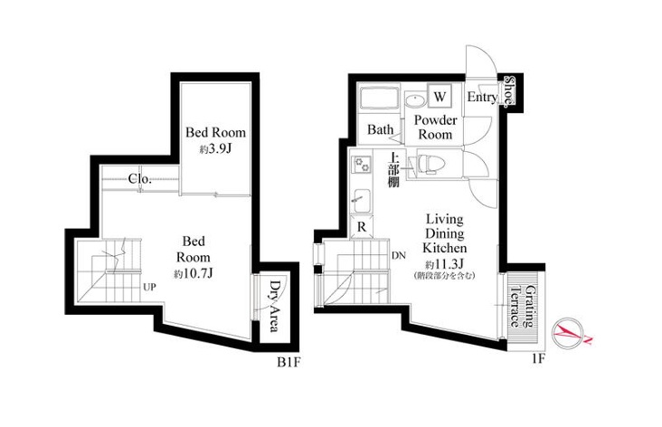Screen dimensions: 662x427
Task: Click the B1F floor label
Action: click(x=288, y=363)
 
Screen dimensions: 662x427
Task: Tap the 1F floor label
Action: click(x=538, y=359)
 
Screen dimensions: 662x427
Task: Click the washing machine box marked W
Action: click(x=440, y=96)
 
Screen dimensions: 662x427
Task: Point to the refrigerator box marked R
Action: click(x=362, y=227)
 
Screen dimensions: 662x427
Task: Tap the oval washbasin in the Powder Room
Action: click(x=415, y=100)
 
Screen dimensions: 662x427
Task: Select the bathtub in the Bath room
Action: click(x=380, y=100)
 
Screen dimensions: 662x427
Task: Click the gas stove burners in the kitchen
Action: click(x=363, y=164)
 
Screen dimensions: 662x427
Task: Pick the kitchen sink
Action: click(x=362, y=202)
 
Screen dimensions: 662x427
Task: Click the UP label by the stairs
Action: click(x=149, y=287)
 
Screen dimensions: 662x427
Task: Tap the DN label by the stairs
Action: click(x=399, y=255)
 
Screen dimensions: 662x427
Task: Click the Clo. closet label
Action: click(x=140, y=179)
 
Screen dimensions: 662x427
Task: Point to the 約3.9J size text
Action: click(x=215, y=149)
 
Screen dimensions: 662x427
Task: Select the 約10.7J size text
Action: click(x=194, y=274)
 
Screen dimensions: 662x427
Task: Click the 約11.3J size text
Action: click(x=445, y=264)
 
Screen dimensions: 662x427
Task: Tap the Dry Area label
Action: click(x=274, y=306)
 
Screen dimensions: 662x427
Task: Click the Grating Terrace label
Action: click(x=522, y=307)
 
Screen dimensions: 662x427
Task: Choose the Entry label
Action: click(x=482, y=97)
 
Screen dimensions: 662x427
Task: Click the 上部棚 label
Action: click(x=394, y=169)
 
